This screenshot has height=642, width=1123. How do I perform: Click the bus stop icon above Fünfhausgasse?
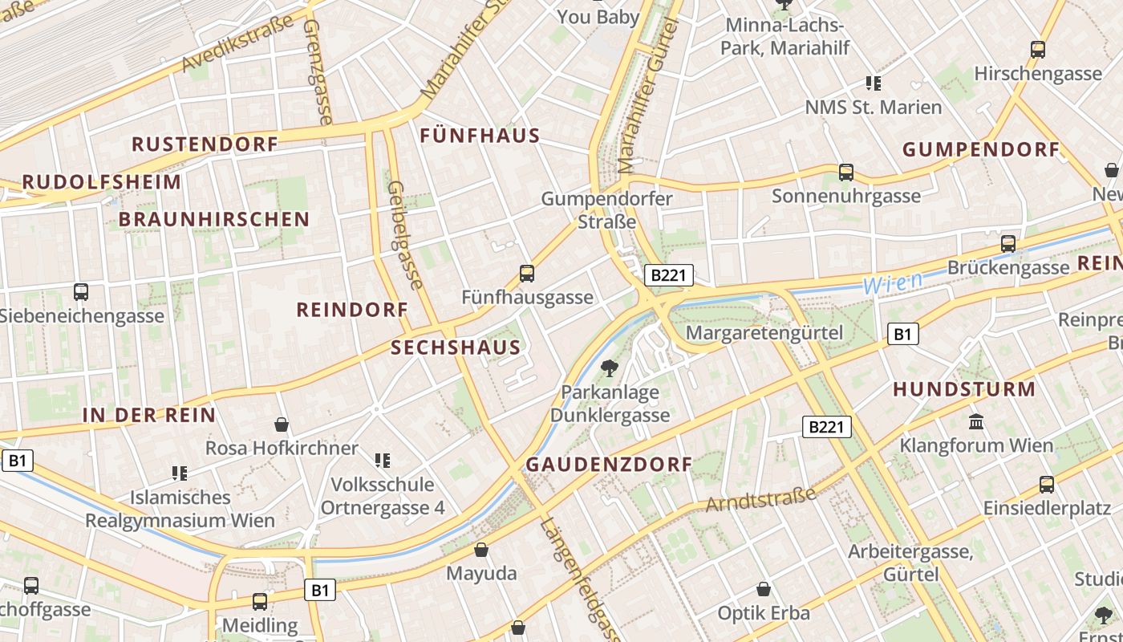coord(527,274)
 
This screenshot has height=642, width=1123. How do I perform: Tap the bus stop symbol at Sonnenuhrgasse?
coord(845,172)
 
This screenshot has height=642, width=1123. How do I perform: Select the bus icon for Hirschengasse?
coord(1038,50)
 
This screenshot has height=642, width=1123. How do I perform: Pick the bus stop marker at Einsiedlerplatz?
coord(1047,484)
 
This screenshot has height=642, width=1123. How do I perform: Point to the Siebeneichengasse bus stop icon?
coord(80,292)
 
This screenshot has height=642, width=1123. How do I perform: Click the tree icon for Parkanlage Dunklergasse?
coord(610,368)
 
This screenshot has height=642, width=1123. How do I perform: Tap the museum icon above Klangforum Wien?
coord(976,421)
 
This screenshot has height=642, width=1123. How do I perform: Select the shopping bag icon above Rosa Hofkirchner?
coord(282,424)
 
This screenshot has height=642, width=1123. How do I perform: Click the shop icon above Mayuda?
coord(481,550)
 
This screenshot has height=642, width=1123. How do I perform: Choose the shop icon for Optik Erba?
coord(764,589)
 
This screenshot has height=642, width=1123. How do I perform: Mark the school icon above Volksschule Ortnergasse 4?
coord(383,460)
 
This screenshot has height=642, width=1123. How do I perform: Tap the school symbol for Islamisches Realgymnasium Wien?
coord(180,473)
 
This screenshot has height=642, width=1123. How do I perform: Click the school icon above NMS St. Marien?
coord(874,83)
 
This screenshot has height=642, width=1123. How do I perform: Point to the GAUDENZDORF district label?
coord(609,465)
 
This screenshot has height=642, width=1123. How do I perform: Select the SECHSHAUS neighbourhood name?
coord(456,347)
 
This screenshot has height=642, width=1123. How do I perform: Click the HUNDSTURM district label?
coord(964,390)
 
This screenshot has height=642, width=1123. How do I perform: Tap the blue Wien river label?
coord(892,282)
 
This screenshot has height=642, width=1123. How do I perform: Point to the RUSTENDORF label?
coord(205,144)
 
